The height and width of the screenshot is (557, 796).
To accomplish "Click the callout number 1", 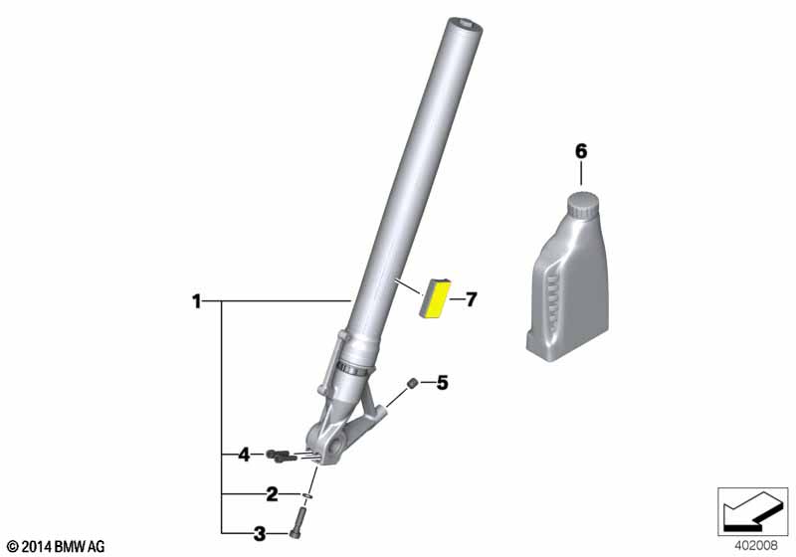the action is pos(196,301).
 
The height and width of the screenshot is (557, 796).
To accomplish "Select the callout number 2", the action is pos(272,494).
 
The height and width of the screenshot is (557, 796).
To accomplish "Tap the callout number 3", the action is pos(260,534).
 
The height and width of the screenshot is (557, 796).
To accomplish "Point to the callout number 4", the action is pos(244,455).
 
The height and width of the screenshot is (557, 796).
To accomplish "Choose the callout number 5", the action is pos(442,383).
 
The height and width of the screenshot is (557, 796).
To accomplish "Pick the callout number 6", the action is pos(581,151).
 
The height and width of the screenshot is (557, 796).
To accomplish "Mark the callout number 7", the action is pos(471,299).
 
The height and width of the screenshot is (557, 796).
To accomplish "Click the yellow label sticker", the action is pos(435,298).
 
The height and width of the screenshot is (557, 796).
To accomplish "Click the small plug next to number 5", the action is pos(413,383).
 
